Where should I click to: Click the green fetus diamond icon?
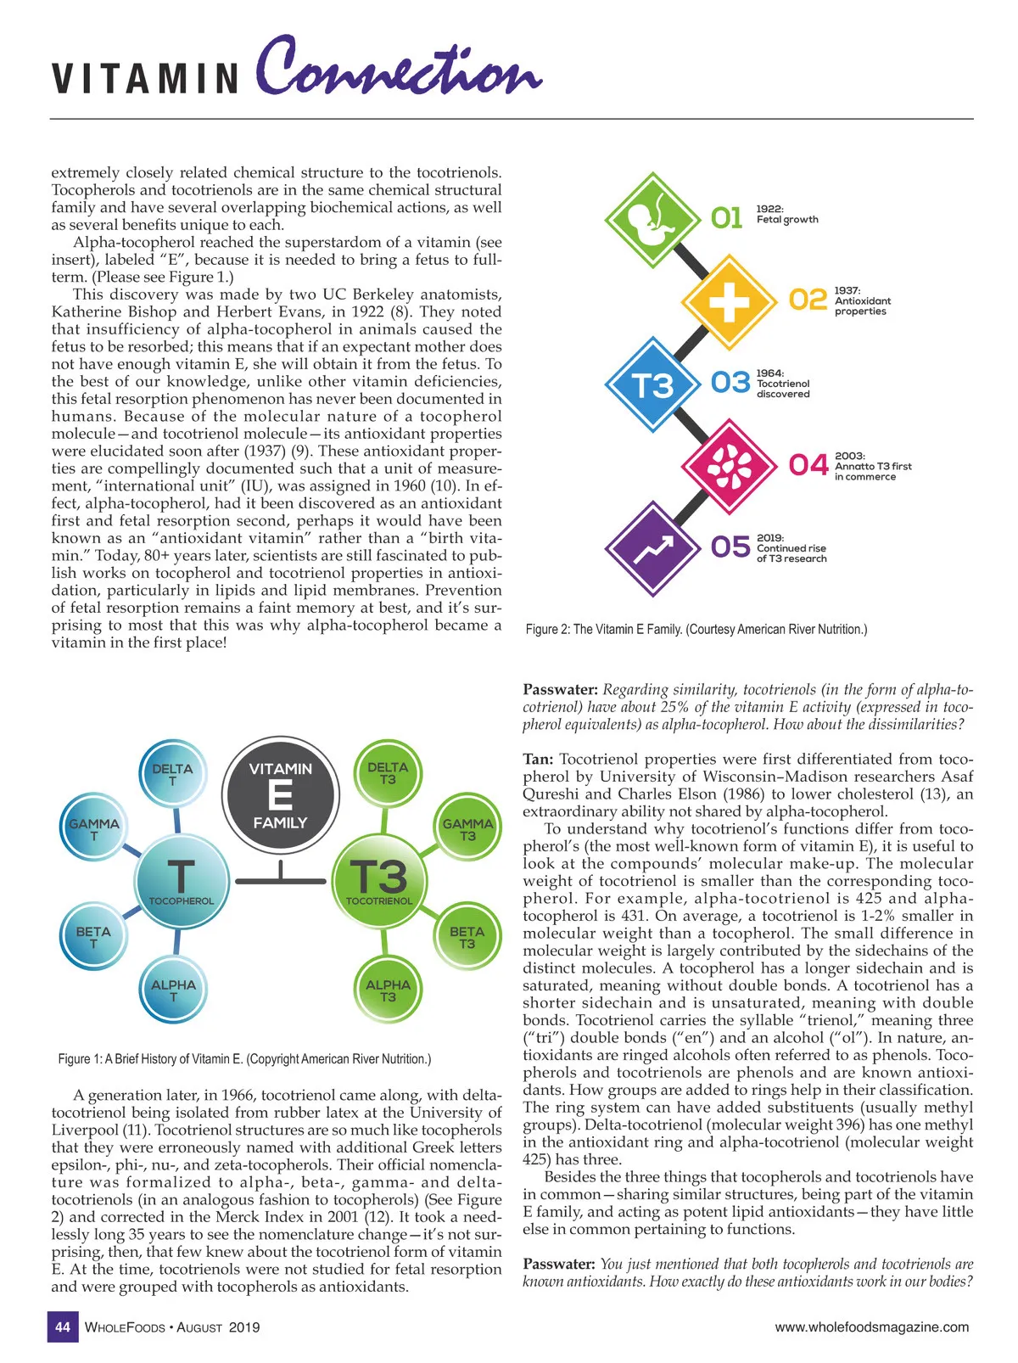(652, 219)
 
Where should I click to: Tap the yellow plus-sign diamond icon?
(730, 300)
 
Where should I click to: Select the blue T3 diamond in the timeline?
(652, 384)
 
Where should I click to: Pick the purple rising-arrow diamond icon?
(652, 548)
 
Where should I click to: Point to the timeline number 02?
(807, 300)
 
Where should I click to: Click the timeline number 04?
(807, 466)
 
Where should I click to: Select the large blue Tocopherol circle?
(181, 880)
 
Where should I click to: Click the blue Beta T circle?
(93, 937)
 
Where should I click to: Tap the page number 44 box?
(62, 1327)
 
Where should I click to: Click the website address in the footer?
(871, 1327)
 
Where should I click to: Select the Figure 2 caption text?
(696, 630)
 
